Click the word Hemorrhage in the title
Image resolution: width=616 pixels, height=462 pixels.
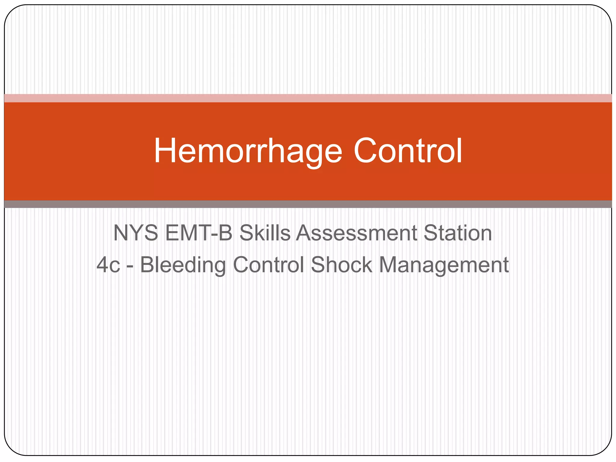[248, 151]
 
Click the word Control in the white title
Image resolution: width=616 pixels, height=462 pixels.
[408, 151]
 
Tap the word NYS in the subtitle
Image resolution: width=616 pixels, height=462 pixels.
[136, 233]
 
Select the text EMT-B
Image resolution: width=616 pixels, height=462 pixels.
[199, 233]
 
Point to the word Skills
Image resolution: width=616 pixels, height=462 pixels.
[265, 233]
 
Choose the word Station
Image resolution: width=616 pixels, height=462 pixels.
[457, 233]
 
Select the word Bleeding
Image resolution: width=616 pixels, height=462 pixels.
[183, 265]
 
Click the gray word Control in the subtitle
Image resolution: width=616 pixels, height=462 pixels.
[268, 265]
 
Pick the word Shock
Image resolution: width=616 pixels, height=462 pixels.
[341, 265]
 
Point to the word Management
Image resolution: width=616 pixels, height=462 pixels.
[444, 266]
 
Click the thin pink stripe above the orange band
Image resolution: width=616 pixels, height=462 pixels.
[308, 98]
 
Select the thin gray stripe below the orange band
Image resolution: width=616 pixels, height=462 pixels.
[308, 204]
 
